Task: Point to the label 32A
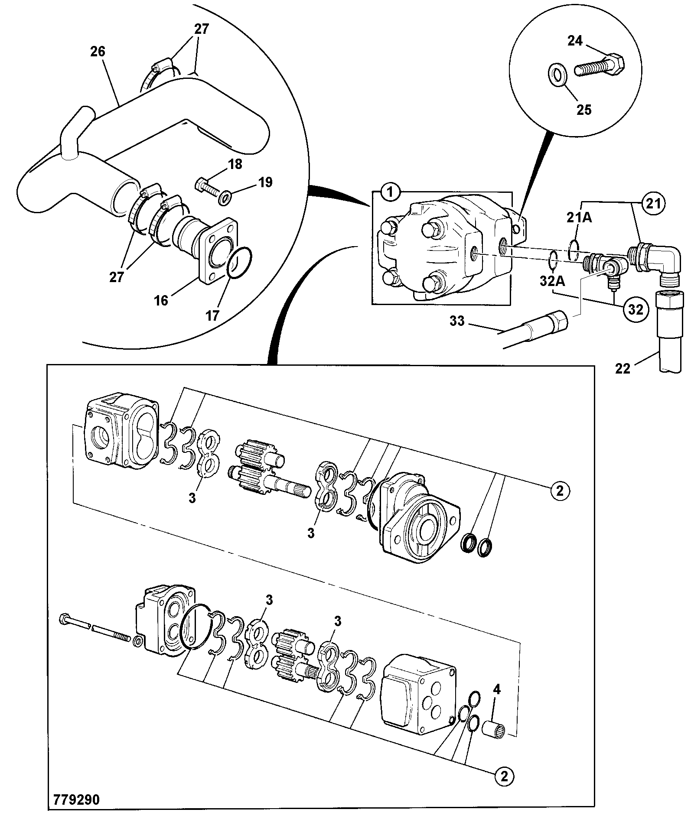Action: [x=552, y=281]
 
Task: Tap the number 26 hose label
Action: [x=98, y=52]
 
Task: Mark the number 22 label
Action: [x=623, y=368]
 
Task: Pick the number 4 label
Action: [x=497, y=702]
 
